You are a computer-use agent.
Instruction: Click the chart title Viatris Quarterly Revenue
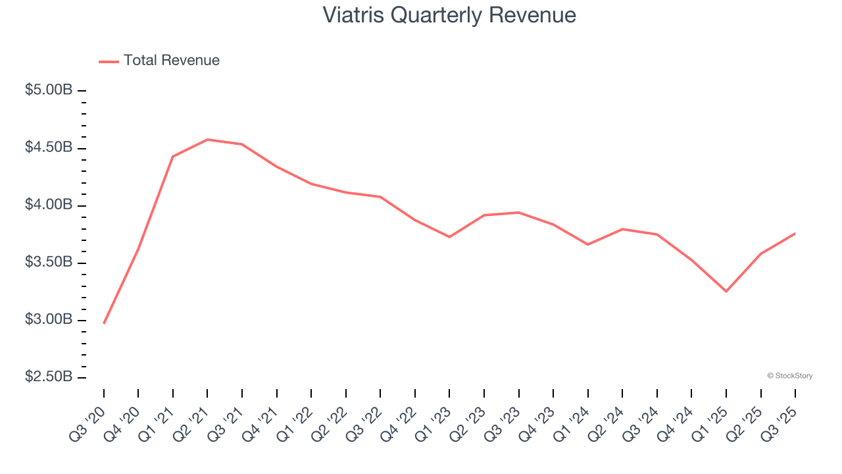point(449,15)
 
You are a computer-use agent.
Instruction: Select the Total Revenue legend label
point(171,61)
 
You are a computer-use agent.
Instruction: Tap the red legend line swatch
point(109,61)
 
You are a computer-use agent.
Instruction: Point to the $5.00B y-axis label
point(49,90)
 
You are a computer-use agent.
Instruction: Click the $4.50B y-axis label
point(49,147)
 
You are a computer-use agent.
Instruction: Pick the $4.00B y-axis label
point(49,205)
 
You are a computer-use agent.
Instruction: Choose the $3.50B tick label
point(49,262)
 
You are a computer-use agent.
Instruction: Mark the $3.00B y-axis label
point(49,320)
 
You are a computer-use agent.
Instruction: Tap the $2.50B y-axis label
point(49,377)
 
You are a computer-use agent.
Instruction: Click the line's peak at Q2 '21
point(207,140)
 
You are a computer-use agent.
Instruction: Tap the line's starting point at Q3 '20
point(104,323)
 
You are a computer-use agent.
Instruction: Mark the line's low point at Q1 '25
point(726,291)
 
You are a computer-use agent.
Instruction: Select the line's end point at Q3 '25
point(795,234)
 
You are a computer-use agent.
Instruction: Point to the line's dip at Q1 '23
point(449,236)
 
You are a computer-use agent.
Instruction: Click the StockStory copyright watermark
point(789,376)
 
